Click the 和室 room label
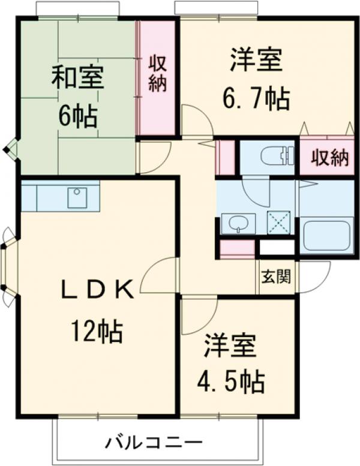click(77, 79)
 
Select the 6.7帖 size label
click(256, 98)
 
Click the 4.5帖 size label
click(232, 379)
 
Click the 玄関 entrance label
click(277, 277)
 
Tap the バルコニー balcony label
click(154, 444)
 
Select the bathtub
click(328, 236)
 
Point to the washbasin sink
click(238, 224)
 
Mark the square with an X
click(278, 223)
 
